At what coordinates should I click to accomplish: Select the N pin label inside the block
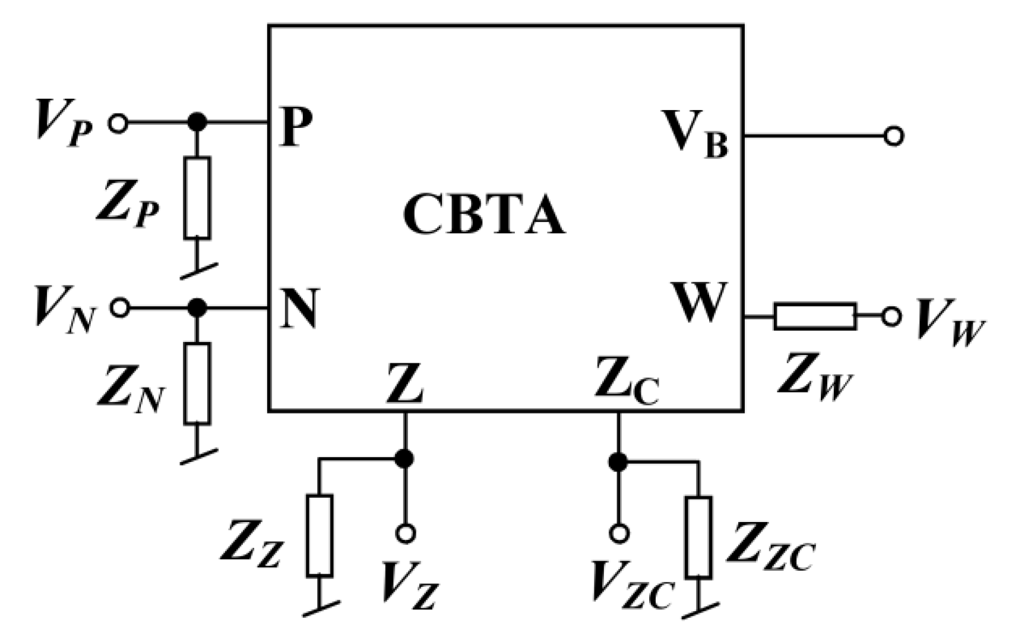(299, 309)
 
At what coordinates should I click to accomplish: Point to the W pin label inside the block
(700, 303)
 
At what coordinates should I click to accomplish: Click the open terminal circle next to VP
(118, 124)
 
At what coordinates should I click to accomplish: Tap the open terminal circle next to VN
(120, 308)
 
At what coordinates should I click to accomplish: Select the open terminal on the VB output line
(893, 136)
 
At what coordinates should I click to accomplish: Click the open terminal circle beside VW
(891, 317)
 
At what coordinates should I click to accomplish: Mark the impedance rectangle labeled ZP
(197, 198)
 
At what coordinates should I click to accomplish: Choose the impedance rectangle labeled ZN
(197, 384)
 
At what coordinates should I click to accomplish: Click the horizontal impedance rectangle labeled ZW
(815, 316)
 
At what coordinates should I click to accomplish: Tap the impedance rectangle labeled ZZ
(320, 536)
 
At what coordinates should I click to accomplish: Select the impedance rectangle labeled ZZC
(698, 538)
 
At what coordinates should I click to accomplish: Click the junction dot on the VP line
(197, 123)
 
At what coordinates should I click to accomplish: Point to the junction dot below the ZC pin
(618, 461)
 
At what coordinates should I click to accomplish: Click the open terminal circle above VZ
(405, 533)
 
